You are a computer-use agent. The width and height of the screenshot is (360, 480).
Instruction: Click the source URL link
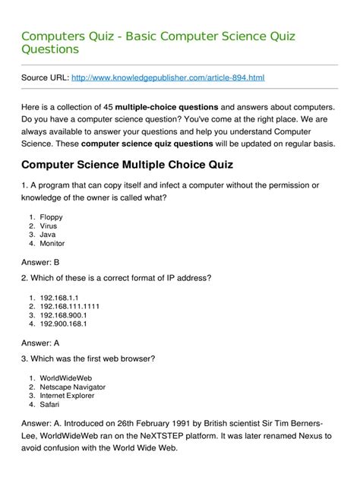[x=167, y=77]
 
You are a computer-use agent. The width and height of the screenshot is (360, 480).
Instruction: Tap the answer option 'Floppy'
[x=52, y=216]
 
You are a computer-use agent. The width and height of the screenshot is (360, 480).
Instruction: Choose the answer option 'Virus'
[x=49, y=226]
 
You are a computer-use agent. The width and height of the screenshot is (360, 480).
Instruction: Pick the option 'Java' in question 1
[x=48, y=235]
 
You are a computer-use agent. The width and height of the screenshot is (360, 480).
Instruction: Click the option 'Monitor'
[x=52, y=244]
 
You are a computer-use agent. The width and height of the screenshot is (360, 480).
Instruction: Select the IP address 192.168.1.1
[x=59, y=297]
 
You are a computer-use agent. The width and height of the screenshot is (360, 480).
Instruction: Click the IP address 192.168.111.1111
[x=70, y=306]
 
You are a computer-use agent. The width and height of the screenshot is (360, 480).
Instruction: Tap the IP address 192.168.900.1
[x=64, y=314]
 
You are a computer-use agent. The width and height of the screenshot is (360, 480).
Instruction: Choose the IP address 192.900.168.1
[x=64, y=324]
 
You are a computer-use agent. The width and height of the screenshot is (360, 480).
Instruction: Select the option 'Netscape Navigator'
[x=73, y=387]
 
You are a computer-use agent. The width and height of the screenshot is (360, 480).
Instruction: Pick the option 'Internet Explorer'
[x=68, y=396]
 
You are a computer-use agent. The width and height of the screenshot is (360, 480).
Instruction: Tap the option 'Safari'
[x=50, y=405]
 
